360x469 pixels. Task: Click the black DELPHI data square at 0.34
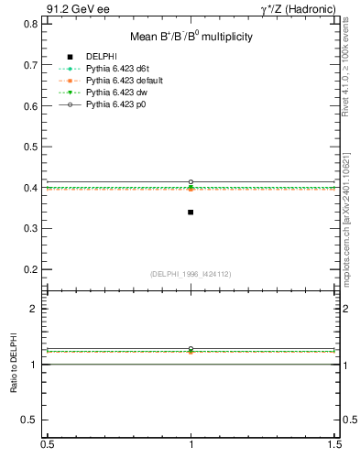pos(191,212)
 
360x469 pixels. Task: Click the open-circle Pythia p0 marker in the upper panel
pos(191,182)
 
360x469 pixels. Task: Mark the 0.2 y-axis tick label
pos(33,269)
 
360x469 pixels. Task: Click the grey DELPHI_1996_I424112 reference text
pos(191,274)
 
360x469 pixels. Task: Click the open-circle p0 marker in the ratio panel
pos(191,349)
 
